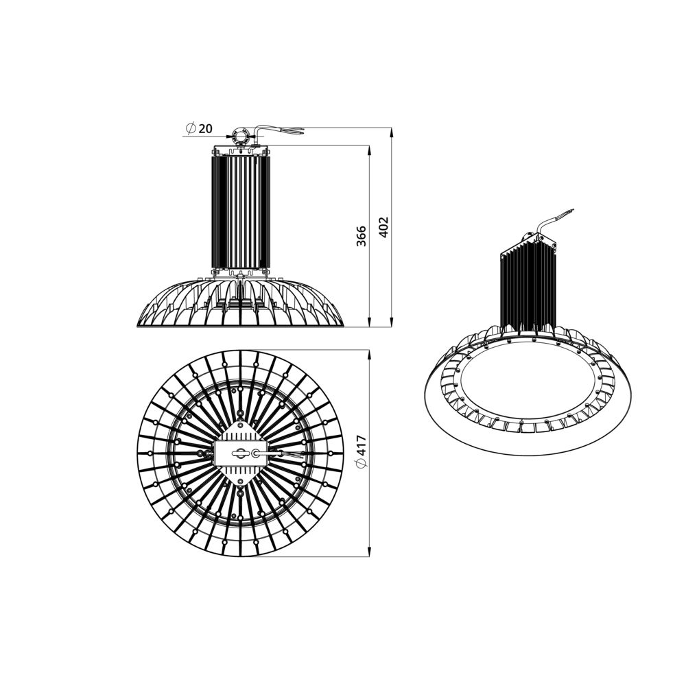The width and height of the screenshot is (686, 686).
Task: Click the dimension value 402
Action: pyautogui.click(x=383, y=227)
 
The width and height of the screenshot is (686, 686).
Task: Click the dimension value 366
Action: pyautogui.click(x=362, y=236)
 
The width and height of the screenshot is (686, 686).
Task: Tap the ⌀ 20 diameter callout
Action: pyautogui.click(x=199, y=129)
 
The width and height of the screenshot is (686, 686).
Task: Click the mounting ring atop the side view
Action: pyautogui.click(x=240, y=136)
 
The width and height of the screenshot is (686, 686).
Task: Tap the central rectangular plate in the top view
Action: pyautogui.click(x=239, y=453)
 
